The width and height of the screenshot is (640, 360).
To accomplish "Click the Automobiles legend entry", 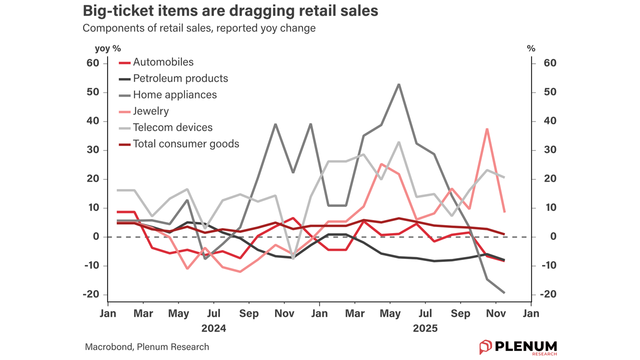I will pyautogui.click(x=163, y=62).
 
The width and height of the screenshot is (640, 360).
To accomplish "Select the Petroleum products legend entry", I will pyautogui.click(x=180, y=78).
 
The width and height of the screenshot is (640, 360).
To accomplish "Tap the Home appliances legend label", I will pyautogui.click(x=174, y=95).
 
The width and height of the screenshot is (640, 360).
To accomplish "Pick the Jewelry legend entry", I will pyautogui.click(x=150, y=111).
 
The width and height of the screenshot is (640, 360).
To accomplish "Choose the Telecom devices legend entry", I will pyautogui.click(x=172, y=127).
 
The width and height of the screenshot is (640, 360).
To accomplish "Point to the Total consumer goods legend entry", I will pyautogui.click(x=185, y=144).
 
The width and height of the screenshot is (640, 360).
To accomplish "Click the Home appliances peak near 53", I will pyautogui.click(x=398, y=84).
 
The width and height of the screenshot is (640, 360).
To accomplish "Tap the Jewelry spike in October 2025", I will pyautogui.click(x=487, y=129).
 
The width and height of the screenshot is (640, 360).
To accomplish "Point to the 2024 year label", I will pyautogui.click(x=213, y=328).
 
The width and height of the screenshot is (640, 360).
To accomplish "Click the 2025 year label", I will pyautogui.click(x=425, y=328).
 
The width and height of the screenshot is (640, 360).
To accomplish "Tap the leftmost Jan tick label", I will pyautogui.click(x=108, y=314).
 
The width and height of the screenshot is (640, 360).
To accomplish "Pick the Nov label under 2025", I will pyautogui.click(x=495, y=314).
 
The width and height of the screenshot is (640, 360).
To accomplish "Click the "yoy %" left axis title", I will pyautogui.click(x=108, y=48).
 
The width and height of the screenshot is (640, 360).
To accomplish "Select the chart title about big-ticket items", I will pyautogui.click(x=230, y=11).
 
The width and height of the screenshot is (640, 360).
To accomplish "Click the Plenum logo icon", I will pyautogui.click(x=485, y=347).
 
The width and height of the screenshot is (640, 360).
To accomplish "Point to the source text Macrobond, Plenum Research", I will pyautogui.click(x=147, y=347).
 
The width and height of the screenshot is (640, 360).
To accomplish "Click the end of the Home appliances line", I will pyautogui.click(x=504, y=292).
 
